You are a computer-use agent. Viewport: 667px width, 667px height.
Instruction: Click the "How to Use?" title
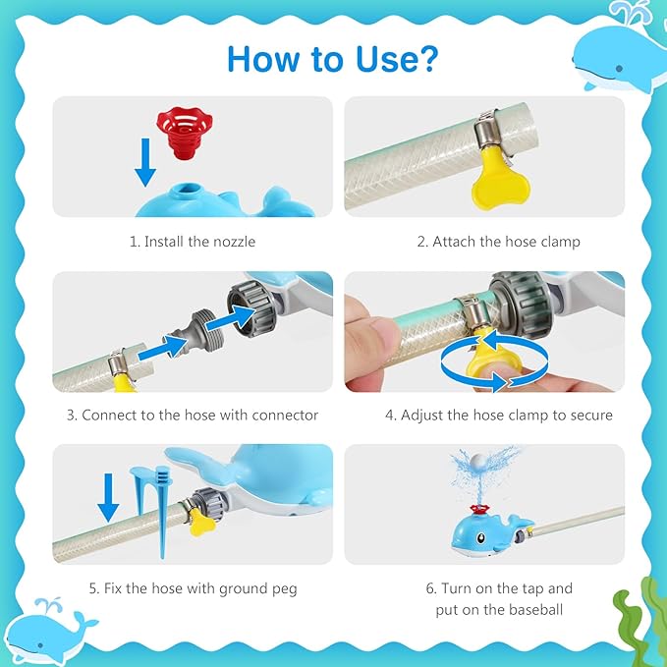click(332, 59)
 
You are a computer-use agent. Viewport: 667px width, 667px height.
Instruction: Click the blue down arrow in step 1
click(144, 161)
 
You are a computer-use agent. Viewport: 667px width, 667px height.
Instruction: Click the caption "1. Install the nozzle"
click(193, 241)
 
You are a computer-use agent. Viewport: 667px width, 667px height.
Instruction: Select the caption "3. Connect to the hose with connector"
click(193, 415)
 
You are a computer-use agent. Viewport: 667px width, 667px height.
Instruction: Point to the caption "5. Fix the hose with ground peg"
click(193, 588)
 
